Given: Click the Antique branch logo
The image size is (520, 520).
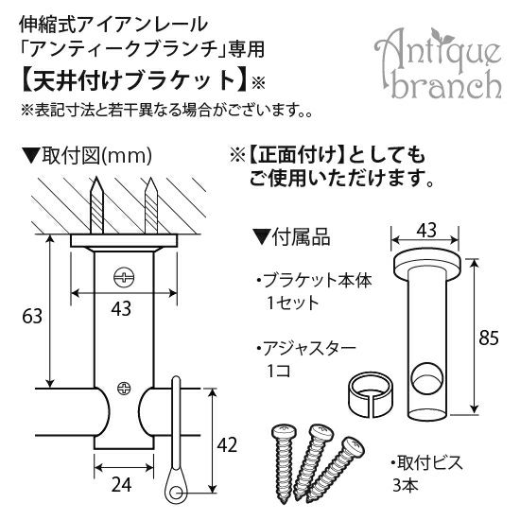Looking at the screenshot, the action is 438,64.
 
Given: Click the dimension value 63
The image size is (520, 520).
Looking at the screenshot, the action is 32,316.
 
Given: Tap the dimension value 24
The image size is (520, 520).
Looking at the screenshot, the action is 121,485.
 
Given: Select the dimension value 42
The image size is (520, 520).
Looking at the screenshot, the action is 227,444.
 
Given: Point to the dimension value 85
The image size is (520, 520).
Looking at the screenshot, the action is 489,338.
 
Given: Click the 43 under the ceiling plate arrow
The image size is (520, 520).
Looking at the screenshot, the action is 121,309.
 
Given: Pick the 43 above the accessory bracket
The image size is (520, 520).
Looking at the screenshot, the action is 426,230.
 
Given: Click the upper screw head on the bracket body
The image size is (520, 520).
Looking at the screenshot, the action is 125,277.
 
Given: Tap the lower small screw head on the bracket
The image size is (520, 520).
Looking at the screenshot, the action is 124,389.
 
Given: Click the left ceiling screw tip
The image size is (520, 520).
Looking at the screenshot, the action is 96,177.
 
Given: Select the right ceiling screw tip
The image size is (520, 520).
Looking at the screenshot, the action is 151,178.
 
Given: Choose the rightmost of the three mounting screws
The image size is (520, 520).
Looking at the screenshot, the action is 336,468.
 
